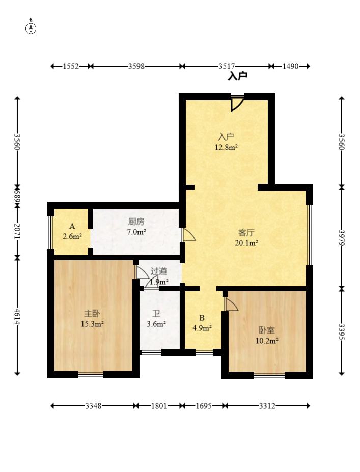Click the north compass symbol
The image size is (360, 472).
click(x=31, y=27)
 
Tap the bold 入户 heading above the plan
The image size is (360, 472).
click(x=237, y=76)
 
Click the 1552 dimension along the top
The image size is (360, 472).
click(x=71, y=66)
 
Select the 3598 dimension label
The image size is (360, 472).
click(x=136, y=66)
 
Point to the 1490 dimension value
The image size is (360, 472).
click(x=290, y=66)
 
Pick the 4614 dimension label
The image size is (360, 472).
click(x=17, y=316)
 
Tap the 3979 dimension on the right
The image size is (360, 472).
click(x=341, y=238)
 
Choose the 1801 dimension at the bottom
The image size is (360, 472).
click(x=159, y=406)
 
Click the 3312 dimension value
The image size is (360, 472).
click(x=267, y=406)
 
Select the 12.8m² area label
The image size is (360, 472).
click(x=226, y=147)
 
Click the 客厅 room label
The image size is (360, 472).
click(x=246, y=232)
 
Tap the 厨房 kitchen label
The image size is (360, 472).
click(x=136, y=221)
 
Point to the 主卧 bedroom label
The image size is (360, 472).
click(x=92, y=314)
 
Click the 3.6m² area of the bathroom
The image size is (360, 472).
click(x=156, y=324)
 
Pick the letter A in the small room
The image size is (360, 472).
click(x=72, y=227)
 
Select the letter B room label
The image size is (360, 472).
click(x=202, y=318)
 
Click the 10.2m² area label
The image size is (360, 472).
click(x=267, y=341)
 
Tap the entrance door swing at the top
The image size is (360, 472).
click(x=237, y=103)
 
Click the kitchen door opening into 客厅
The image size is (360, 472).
click(x=188, y=235)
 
